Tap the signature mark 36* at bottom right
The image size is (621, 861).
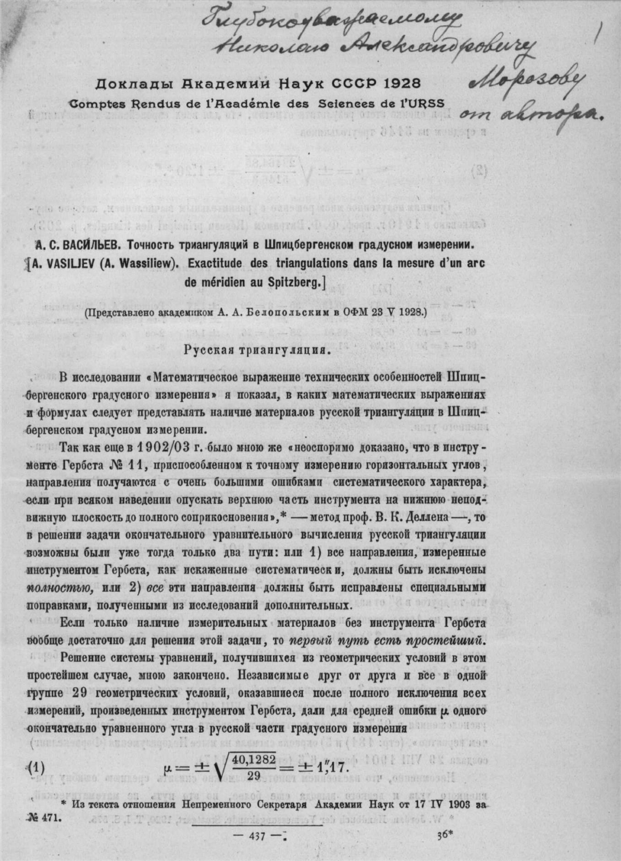[445, 834]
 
